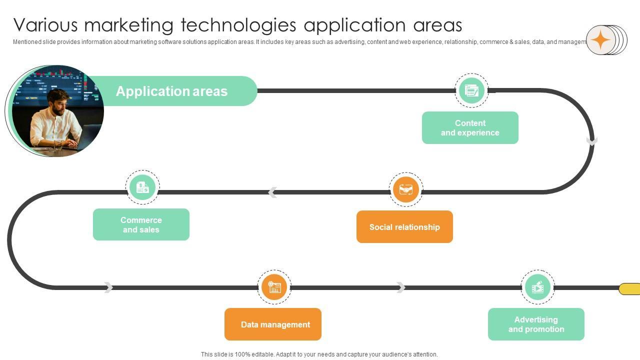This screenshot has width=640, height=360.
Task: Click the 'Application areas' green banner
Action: tap(171, 91)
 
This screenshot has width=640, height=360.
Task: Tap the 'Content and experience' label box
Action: tap(470, 128)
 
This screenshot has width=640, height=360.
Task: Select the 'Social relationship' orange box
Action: tap(404, 227)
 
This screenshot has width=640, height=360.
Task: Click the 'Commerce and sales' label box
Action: tap(141, 225)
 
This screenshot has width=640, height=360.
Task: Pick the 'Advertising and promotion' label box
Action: tap(536, 324)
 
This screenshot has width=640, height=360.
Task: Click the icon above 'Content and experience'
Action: tap(471, 90)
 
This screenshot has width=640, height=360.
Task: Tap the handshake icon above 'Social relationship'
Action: tap(406, 190)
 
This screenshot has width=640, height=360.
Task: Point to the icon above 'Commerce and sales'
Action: tap(142, 187)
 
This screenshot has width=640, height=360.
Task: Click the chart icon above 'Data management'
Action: tap(274, 287)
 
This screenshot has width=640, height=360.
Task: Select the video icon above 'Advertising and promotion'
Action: tap(537, 287)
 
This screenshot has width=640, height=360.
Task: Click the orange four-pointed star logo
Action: tap(601, 40)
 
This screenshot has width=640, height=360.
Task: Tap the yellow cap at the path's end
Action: tap(630, 289)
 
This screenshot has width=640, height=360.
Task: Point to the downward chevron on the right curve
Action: tap(592, 141)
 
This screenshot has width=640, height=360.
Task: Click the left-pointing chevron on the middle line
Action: tap(272, 192)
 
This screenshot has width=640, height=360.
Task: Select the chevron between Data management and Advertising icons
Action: tap(400, 287)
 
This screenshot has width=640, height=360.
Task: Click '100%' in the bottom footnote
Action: tap(242, 354)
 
